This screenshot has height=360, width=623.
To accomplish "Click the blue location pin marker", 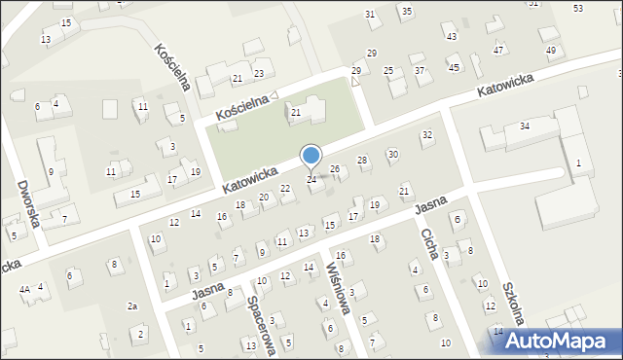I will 311,156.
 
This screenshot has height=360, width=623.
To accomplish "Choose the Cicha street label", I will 428,244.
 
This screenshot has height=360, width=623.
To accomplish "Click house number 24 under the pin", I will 311,180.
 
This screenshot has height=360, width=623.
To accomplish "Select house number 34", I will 524,126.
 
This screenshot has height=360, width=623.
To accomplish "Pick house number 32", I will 426,134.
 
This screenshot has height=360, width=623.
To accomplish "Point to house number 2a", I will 132,306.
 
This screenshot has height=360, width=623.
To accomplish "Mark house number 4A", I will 24,289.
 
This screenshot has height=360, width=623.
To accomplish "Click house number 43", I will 450,37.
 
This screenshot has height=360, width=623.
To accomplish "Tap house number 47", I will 498,50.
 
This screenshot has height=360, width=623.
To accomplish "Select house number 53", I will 578,8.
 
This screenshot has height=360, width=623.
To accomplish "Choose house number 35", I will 406,11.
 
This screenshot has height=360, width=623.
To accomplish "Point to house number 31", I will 370,14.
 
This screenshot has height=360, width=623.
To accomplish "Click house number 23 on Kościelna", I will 259,74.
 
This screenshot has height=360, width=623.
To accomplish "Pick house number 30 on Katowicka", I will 393,154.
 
